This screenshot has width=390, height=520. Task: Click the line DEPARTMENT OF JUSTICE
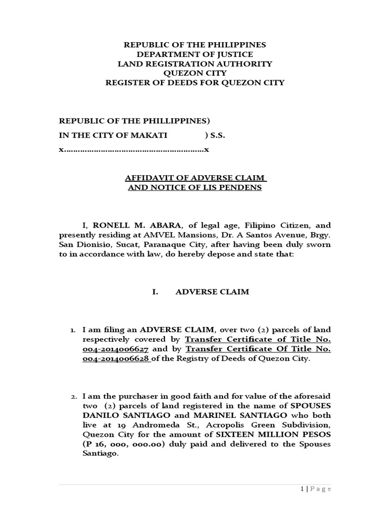(195, 54)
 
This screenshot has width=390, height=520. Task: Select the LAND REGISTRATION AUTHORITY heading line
(195, 64)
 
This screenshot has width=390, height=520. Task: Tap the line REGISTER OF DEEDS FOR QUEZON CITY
(195, 83)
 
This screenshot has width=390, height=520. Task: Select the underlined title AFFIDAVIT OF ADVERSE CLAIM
(196, 178)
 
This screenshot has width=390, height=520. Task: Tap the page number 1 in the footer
(301, 489)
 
